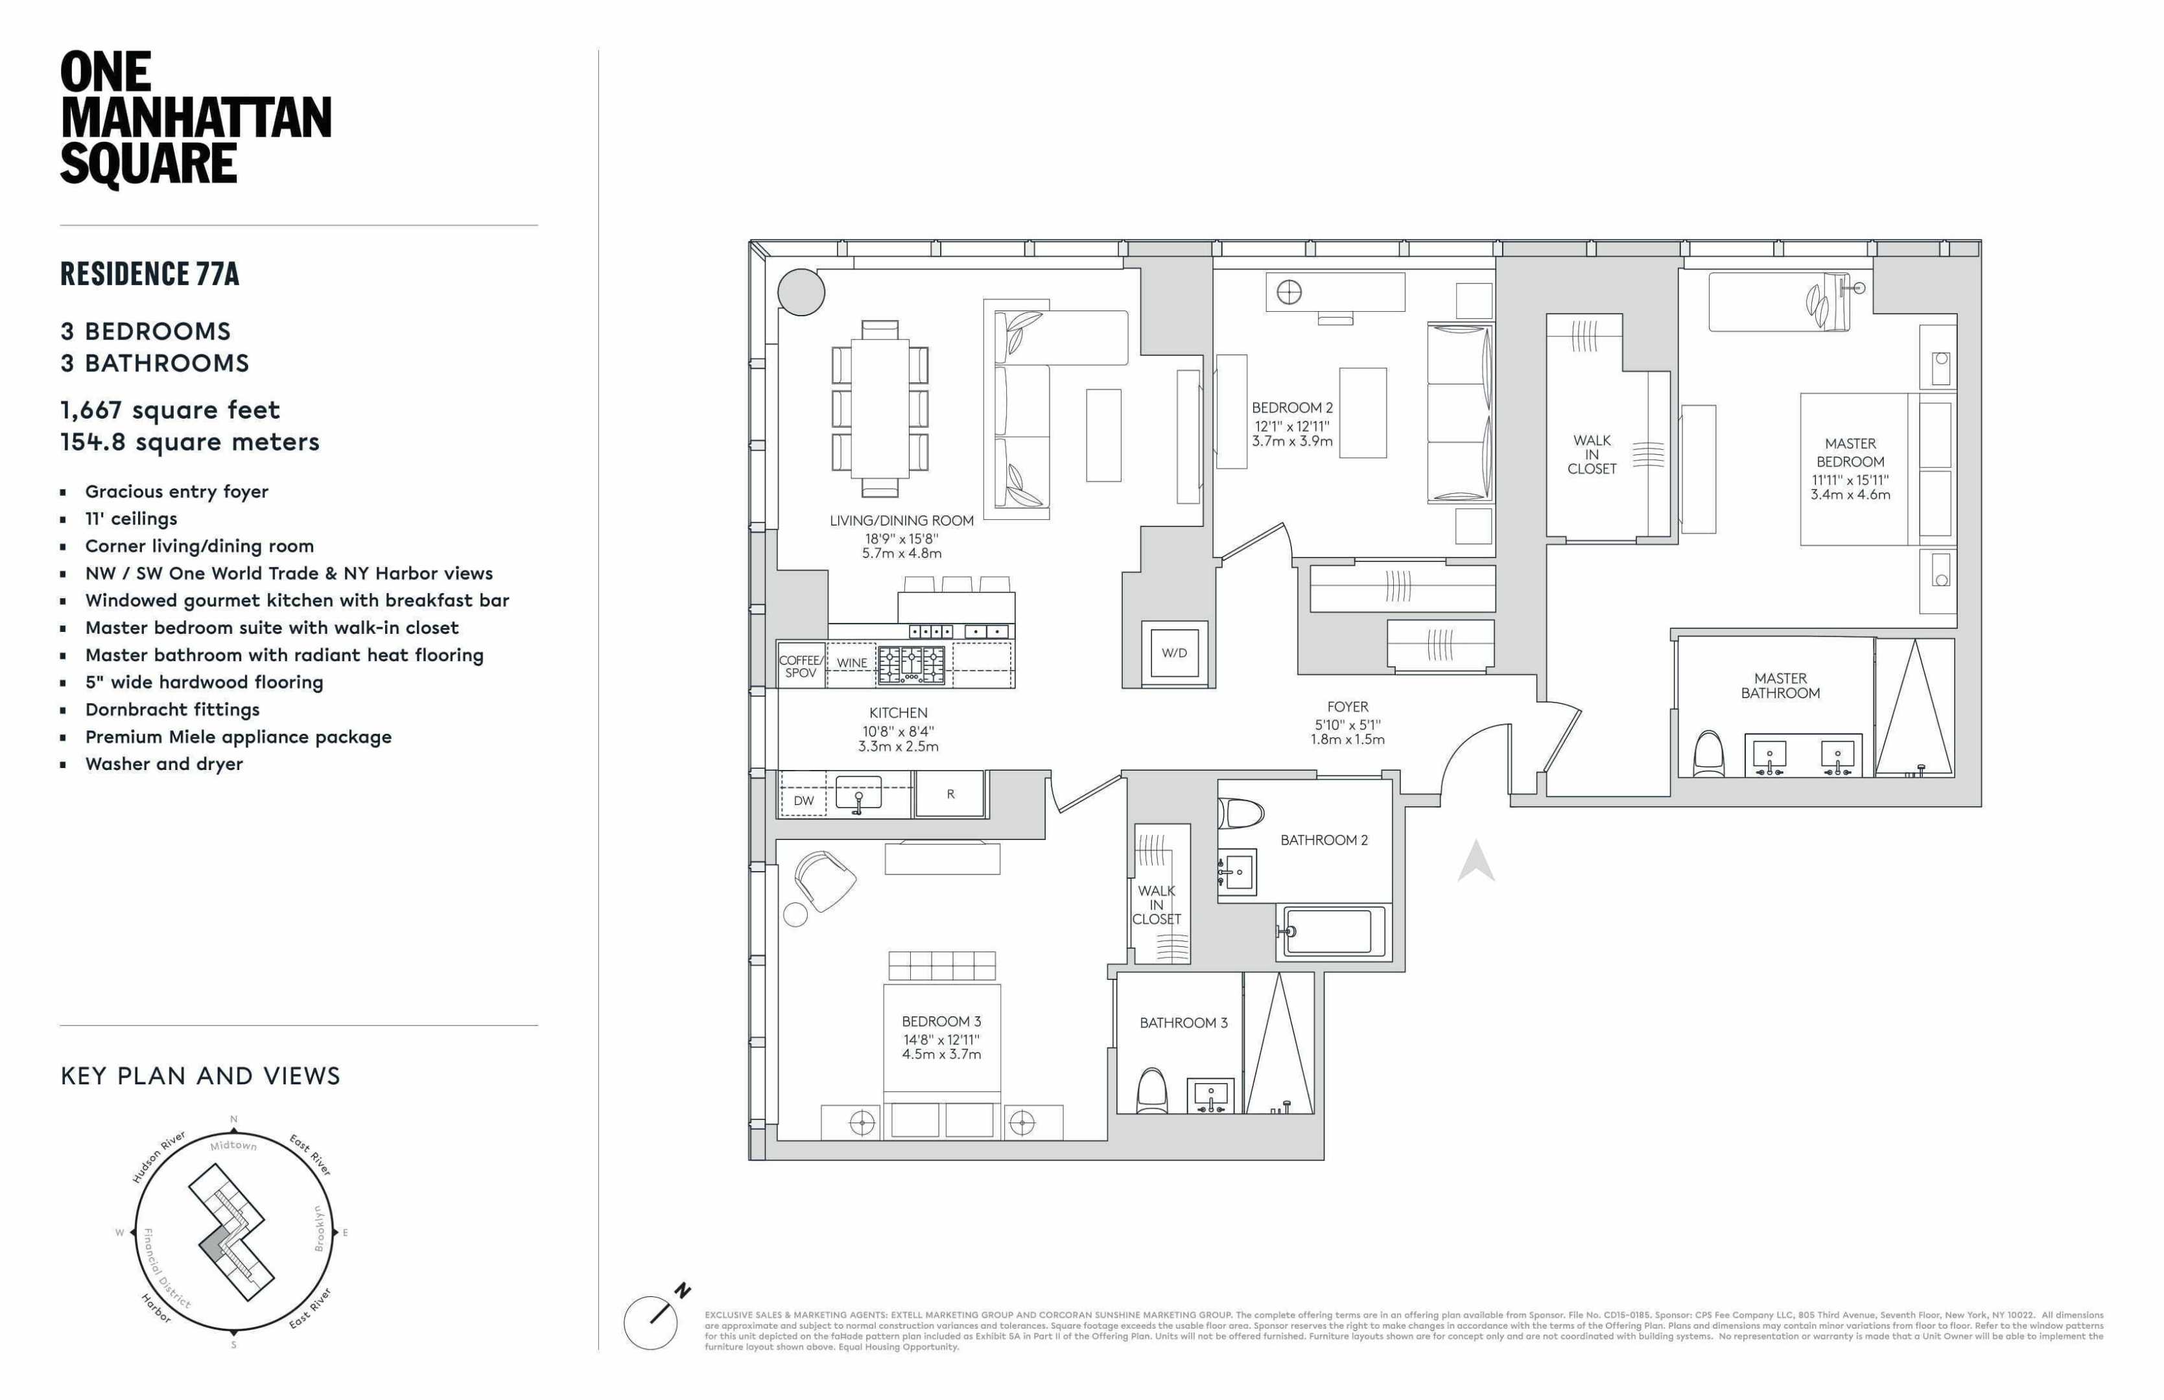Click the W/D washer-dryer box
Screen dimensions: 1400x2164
pos(1174,652)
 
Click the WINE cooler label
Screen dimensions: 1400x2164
pos(851,662)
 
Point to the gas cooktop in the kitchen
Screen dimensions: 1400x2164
pos(911,664)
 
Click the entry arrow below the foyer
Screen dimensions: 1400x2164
pos(1476,861)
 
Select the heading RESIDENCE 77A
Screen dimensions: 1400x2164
pos(150,274)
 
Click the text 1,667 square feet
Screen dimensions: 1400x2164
pos(170,410)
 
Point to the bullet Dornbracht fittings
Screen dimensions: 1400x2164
pos(172,709)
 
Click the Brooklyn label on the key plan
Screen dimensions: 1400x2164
pos(319,1228)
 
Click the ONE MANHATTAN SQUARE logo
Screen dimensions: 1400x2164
pos(196,118)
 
